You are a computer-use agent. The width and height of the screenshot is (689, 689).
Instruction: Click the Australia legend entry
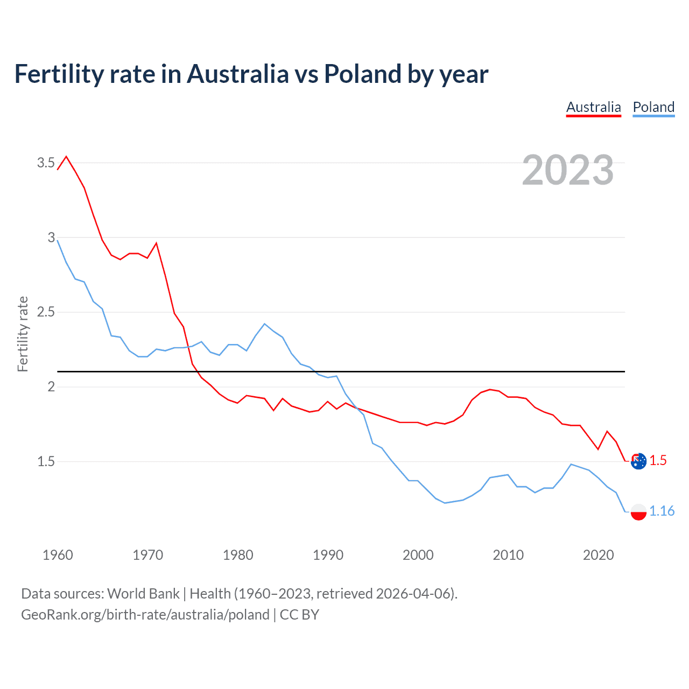(593, 107)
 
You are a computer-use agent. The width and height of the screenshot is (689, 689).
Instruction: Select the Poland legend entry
(653, 107)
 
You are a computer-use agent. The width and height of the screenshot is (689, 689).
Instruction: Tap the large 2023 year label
(568, 170)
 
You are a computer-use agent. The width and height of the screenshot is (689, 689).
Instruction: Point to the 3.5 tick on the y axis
(46, 163)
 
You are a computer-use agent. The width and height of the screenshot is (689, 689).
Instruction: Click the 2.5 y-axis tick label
(46, 312)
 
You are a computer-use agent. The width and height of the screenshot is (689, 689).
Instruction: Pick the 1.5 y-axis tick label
(46, 461)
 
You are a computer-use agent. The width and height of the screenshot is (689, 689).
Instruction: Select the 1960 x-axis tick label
(58, 555)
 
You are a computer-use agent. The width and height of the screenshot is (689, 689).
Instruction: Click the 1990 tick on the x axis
(328, 555)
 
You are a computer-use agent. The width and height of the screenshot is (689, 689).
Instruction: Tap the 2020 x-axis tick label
(598, 555)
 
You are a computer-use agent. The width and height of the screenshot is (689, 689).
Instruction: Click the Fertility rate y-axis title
(23, 334)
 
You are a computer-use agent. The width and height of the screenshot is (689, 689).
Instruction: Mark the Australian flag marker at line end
(638, 461)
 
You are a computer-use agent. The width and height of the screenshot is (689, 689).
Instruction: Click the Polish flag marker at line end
(638, 511)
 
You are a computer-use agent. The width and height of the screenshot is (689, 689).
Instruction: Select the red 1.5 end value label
(658, 461)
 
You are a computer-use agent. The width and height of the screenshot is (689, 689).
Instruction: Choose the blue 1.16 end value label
(662, 511)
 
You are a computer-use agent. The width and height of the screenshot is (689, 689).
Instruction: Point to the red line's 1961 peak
(66, 157)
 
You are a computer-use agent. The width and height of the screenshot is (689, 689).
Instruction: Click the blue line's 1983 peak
(264, 324)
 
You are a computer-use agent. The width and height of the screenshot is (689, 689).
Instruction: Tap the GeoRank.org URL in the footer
(145, 615)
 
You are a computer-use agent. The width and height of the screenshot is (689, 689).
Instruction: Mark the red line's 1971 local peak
(156, 243)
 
